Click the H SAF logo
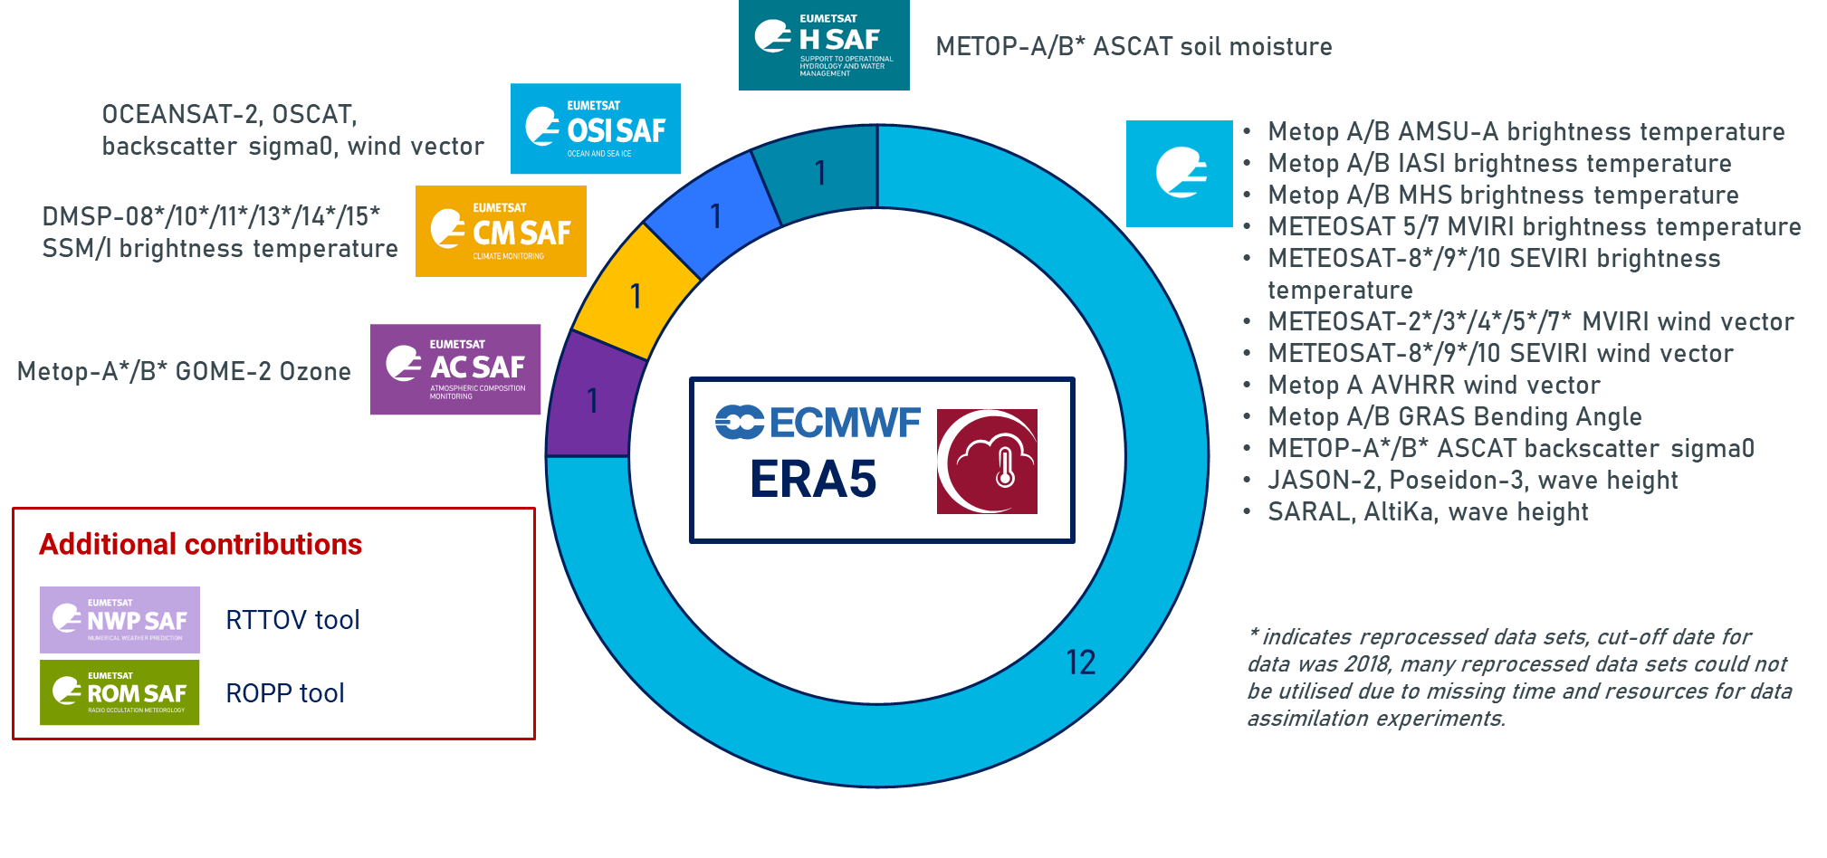coord(824,45)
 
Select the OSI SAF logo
coord(596,129)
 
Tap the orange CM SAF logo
coord(501,231)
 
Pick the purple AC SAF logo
coord(455,369)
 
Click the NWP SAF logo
coord(120,620)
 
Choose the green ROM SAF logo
coord(120,692)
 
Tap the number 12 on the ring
coord(1080,663)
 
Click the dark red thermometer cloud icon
coord(987,462)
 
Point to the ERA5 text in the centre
coord(813,480)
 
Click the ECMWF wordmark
coord(818,423)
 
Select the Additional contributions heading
coord(200,544)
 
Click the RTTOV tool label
coord(292,620)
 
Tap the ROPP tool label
coord(285,693)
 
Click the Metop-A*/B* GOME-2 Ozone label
coord(184,371)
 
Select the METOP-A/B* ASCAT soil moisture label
coord(1134,46)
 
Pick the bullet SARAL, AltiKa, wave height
coord(1428,512)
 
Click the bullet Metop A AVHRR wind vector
coord(1434,386)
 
